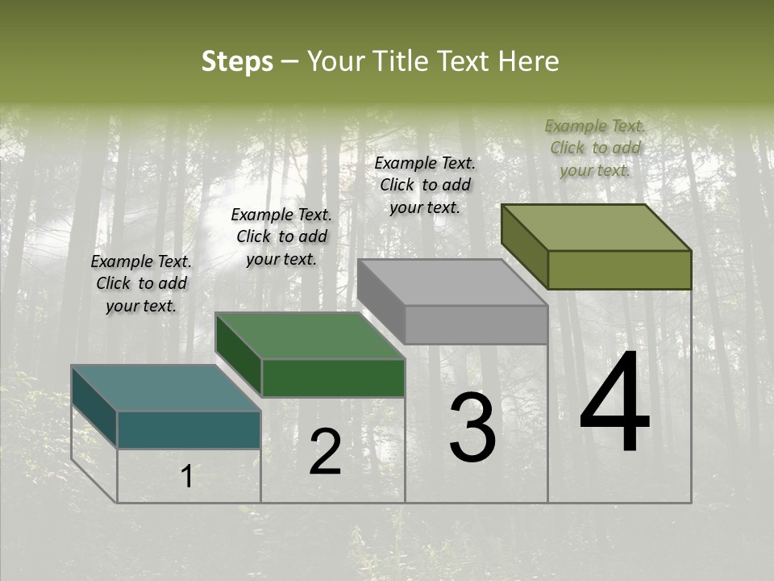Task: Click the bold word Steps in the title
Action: [x=237, y=62]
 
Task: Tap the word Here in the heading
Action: [x=528, y=62]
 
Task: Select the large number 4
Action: [x=614, y=403]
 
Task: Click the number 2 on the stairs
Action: [x=325, y=452]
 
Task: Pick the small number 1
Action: [x=187, y=477]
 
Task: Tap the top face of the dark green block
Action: [x=310, y=336]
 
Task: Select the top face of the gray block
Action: [x=452, y=283]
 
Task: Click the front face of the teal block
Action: [x=189, y=429]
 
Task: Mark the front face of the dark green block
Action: [x=333, y=378]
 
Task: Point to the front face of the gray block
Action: [x=476, y=324]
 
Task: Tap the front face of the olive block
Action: [x=619, y=270]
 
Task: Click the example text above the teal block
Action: [x=141, y=283]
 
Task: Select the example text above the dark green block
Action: [x=281, y=236]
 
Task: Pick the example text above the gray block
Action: [x=425, y=185]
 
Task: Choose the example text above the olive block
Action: [x=595, y=148]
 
